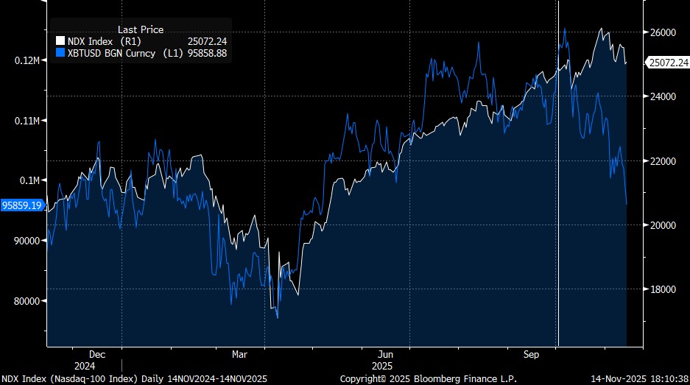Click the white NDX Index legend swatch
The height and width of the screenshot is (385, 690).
(x=60, y=41)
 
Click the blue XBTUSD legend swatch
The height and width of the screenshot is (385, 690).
(x=60, y=54)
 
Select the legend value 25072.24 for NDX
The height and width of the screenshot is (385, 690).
(x=208, y=41)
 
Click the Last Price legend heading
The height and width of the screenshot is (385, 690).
(x=141, y=29)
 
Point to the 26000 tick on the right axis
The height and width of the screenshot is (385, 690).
(x=663, y=33)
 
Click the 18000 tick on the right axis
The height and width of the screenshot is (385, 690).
(x=663, y=289)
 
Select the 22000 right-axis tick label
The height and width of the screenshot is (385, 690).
(x=663, y=161)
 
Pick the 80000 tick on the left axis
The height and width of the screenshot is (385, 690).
(x=27, y=301)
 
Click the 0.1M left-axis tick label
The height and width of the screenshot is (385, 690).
(x=31, y=180)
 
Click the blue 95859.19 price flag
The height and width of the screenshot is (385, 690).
(x=22, y=206)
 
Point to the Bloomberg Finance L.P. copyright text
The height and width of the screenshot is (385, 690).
(x=429, y=378)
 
